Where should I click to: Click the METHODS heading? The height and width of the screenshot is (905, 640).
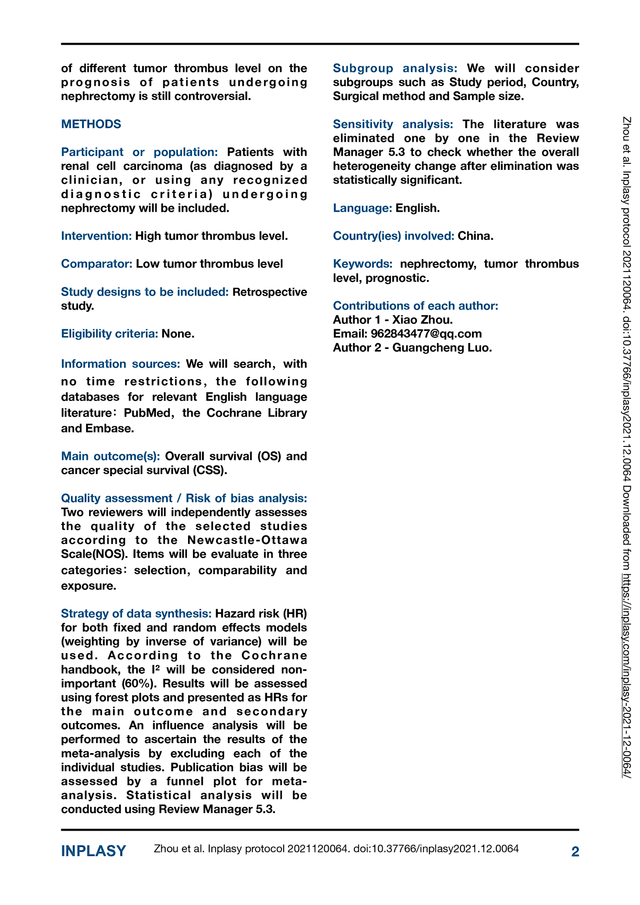click(91, 124)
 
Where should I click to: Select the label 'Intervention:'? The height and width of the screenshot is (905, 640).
click(97, 236)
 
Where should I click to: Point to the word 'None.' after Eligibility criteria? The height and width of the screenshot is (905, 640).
click(178, 334)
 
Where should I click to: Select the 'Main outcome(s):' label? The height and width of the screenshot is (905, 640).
click(111, 457)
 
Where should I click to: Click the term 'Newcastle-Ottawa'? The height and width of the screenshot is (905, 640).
click(247, 540)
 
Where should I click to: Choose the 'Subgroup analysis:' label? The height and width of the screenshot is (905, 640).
click(395, 68)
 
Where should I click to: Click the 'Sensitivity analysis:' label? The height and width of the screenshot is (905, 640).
click(393, 124)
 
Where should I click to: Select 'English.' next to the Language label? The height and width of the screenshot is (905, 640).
click(418, 208)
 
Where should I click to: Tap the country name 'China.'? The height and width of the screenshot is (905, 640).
click(476, 236)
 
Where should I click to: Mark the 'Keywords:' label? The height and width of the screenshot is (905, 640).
click(362, 264)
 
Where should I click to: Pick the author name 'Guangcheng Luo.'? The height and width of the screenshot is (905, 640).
click(442, 348)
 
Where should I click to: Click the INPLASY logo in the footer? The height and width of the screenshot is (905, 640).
click(94, 851)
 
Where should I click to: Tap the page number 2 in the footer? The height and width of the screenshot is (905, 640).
click(575, 852)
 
